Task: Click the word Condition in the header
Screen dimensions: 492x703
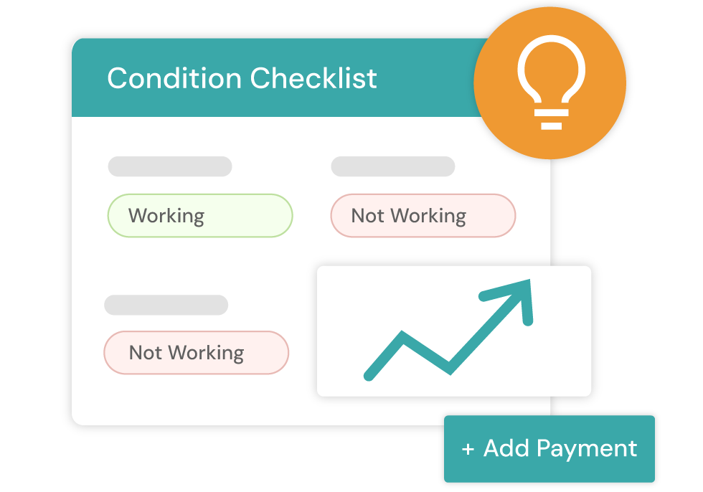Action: tap(174, 78)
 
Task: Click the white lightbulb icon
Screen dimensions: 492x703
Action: tap(551, 82)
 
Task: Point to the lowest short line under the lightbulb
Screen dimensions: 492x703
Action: tap(551, 126)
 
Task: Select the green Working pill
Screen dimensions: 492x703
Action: tap(200, 216)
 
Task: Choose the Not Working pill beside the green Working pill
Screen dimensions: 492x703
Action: tap(423, 216)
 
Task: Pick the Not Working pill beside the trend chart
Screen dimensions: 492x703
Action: tap(197, 353)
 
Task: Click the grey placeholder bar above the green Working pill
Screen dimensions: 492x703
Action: tap(170, 166)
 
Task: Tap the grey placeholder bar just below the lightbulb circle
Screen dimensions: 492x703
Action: tap(392, 166)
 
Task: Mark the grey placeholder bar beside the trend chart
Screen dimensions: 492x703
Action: tap(166, 305)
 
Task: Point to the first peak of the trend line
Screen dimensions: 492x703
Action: tap(402, 336)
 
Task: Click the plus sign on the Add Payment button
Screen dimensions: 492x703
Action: tap(468, 450)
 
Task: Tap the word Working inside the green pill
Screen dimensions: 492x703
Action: tap(166, 216)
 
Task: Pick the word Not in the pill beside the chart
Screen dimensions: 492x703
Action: tap(145, 353)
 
